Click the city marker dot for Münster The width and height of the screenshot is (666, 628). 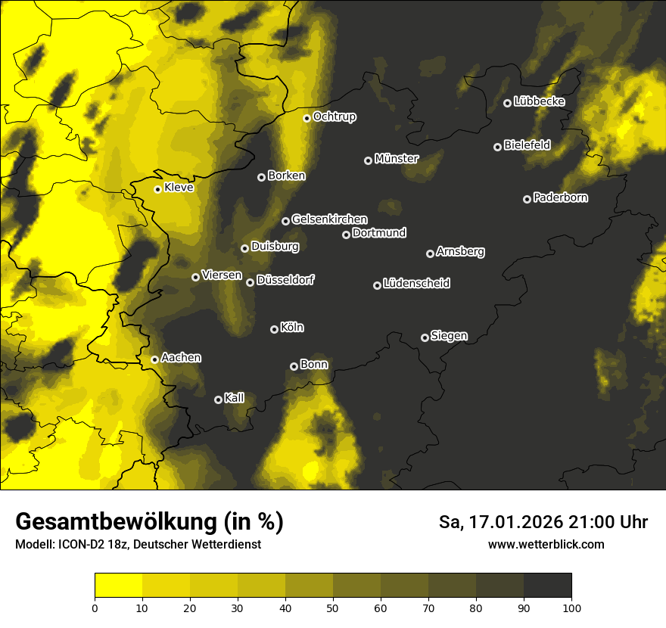coord(369,160)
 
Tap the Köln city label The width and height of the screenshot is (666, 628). coord(292,328)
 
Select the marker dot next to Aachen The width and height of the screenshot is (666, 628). coord(154,359)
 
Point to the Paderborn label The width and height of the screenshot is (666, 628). coord(560,197)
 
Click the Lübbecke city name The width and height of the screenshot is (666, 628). coord(539,101)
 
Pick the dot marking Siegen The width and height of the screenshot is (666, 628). coord(425,337)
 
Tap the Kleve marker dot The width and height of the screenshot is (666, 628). coord(157,189)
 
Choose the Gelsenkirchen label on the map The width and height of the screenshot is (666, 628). coord(329,219)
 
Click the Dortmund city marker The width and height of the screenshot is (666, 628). coord(346,235)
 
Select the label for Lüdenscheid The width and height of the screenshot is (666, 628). coord(416,284)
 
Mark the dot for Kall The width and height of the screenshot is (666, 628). coord(218,399)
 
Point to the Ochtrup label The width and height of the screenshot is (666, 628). coord(334,117)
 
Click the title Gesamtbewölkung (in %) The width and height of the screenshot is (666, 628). coord(149,522)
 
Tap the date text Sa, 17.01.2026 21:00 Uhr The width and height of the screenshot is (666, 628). coord(543,522)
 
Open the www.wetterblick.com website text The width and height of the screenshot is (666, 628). coord(546,544)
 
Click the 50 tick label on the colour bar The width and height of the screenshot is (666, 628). coord(333,607)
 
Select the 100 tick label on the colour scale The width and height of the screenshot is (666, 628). coord(571,607)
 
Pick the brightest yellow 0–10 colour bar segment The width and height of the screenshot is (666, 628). coord(119,586)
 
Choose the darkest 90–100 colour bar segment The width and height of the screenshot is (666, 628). coord(547,586)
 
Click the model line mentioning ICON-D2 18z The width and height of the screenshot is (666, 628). coord(138,545)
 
